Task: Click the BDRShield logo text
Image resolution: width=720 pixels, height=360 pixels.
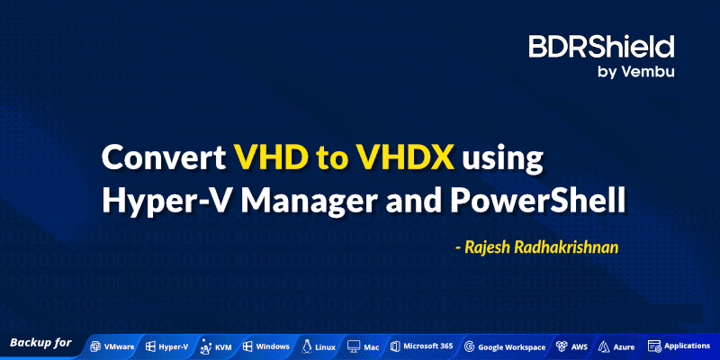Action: (600, 47)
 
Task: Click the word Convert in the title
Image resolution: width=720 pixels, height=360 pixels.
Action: (164, 159)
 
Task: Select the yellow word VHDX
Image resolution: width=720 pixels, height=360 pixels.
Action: (406, 159)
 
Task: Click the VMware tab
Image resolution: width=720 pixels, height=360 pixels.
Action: (112, 346)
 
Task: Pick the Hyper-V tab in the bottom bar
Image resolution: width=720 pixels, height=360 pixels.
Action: (166, 346)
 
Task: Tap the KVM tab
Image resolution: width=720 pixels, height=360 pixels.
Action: (215, 346)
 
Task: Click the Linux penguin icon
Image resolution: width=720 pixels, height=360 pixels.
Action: (308, 346)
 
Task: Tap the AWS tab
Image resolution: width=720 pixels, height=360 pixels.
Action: (572, 346)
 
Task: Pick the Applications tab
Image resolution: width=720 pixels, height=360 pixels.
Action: (679, 346)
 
